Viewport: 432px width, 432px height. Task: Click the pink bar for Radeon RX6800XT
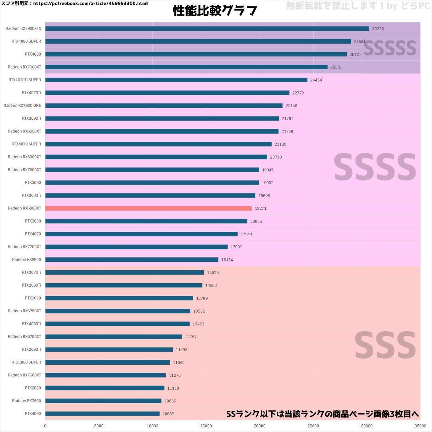(148, 208)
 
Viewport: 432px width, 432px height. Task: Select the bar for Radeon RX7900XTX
(207, 28)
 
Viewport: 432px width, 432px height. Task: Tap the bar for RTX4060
(102, 414)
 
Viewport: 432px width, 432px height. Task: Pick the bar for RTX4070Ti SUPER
(176, 80)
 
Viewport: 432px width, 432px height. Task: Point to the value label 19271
(261, 209)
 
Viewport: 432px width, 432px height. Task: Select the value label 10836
(170, 401)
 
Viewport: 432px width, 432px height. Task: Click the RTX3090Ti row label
(32, 118)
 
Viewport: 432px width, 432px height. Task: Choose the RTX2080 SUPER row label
(26, 362)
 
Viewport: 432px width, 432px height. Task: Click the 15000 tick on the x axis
(206, 426)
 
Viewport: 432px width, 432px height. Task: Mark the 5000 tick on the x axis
(99, 426)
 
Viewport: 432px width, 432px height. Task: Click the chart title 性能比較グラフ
(215, 11)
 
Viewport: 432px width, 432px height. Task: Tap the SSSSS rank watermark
(390, 48)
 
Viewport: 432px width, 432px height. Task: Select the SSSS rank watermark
(375, 167)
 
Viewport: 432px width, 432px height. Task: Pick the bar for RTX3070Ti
(124, 272)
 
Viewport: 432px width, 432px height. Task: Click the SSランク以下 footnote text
(322, 414)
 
